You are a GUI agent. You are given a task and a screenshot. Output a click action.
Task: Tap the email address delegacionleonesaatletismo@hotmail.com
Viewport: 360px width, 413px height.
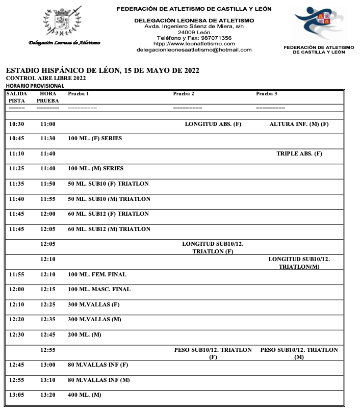pos(194,50)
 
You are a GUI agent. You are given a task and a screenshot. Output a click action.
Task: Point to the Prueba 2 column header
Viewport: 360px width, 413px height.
pos(184,94)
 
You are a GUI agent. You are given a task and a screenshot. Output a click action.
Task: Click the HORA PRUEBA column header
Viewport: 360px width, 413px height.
pos(48,97)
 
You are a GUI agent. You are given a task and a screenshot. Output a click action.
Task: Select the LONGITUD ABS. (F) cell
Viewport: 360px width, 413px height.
pos(213,124)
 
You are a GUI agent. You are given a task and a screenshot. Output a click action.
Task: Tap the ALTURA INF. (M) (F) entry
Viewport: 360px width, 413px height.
pos(299,124)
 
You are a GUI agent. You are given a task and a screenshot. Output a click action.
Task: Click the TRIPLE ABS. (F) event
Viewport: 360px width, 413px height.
pos(299,153)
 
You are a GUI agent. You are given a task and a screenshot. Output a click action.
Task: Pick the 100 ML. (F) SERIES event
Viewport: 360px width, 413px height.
pos(95,138)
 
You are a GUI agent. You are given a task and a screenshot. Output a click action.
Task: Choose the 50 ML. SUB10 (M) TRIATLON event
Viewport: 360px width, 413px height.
pos(109,199)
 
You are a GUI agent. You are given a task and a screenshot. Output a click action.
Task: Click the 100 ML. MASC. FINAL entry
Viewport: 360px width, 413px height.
pos(99,289)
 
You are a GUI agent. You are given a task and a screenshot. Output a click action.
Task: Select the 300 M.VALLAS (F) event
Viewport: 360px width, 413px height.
pos(94,304)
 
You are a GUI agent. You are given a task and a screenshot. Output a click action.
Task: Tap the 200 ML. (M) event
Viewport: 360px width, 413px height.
pos(85,334)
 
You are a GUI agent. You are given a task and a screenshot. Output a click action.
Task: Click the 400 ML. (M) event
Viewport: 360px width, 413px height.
pos(85,395)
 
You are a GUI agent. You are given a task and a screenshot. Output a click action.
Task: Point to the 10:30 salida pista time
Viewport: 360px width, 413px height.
pos(17,124)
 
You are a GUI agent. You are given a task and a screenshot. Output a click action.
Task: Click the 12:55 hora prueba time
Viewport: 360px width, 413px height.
pos(48,350)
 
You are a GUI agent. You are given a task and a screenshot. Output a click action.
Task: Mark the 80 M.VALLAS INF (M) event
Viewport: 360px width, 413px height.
pos(98,380)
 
